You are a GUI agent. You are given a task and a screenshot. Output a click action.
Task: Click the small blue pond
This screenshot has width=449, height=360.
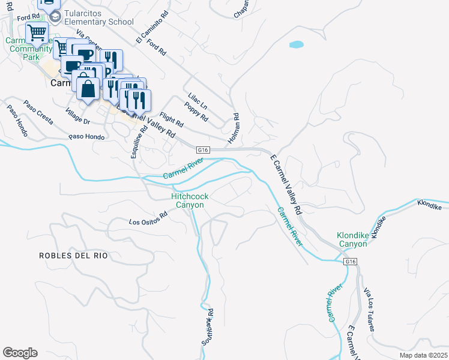tap(296, 44)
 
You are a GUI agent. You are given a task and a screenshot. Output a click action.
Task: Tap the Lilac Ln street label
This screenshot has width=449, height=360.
tap(197, 99)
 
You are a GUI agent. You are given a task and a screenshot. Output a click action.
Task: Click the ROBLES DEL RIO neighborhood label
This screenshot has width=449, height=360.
tap(73, 256)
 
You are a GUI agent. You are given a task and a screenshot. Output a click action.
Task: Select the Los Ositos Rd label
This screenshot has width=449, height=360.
tap(148, 218)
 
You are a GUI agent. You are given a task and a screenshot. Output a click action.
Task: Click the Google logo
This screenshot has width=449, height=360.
tap(20, 353)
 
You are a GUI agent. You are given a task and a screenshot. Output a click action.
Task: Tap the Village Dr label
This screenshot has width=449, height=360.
tap(78, 116)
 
